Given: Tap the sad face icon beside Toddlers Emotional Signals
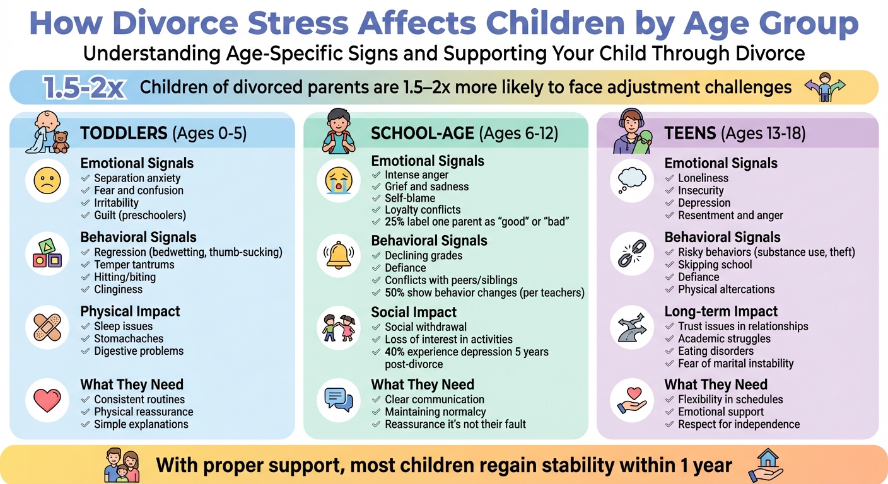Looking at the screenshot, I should tap(47, 181).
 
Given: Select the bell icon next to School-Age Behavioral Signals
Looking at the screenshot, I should tap(339, 255).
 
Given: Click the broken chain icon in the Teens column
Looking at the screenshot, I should tap(631, 255).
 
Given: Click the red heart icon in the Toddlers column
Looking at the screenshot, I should tap(47, 400).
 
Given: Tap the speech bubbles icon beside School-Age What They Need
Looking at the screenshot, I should tap(339, 400).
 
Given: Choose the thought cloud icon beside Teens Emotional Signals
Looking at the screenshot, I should tap(631, 181).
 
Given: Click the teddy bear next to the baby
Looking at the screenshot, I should tap(61, 142).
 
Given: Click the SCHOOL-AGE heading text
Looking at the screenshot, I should tap(423, 134).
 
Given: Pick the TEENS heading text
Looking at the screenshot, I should tap(690, 134).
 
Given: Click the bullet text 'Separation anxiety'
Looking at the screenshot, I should tap(137, 178).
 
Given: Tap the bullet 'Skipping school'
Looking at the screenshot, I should tap(715, 265).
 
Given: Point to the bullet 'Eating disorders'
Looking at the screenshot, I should tap(716, 351).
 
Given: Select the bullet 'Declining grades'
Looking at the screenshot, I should tap(423, 256).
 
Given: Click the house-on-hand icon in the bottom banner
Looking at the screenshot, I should tap(765, 466).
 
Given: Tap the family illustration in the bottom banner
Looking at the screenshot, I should tap(121, 466).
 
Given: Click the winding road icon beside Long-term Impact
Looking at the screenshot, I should tap(631, 328).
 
